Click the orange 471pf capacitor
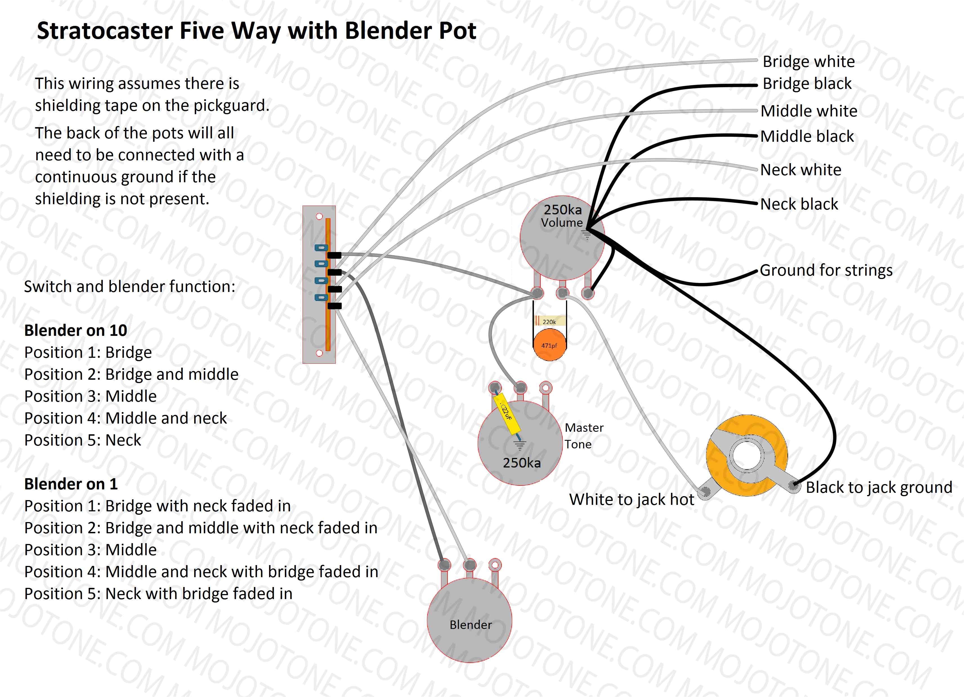(550, 345)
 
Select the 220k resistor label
(549, 321)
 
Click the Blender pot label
(471, 625)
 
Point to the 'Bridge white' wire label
(808, 62)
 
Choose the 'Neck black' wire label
(799, 204)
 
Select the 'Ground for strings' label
(826, 270)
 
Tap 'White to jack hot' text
(632, 500)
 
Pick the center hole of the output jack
(747, 455)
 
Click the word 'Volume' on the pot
(562, 222)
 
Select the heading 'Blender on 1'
(71, 484)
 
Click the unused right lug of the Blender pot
(495, 565)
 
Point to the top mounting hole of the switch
(319, 217)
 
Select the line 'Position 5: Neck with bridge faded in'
(158, 594)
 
